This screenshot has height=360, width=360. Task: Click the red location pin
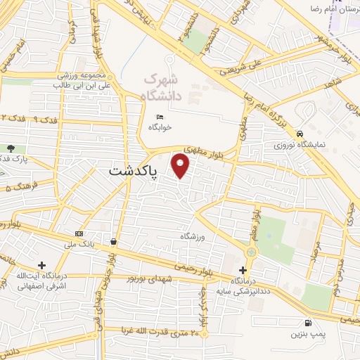181,166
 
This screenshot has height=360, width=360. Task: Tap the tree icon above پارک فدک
11,148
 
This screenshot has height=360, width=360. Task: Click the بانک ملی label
78,243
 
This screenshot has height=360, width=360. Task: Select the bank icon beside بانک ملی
78,233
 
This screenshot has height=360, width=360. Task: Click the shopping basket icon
113,242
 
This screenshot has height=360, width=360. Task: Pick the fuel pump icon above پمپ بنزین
308,323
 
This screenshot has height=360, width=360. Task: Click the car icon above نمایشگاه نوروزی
300,134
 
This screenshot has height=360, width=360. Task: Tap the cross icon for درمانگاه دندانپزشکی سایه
243,270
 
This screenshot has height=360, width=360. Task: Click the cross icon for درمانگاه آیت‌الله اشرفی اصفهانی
42,266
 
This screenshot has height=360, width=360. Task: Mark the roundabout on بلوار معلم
251,251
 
